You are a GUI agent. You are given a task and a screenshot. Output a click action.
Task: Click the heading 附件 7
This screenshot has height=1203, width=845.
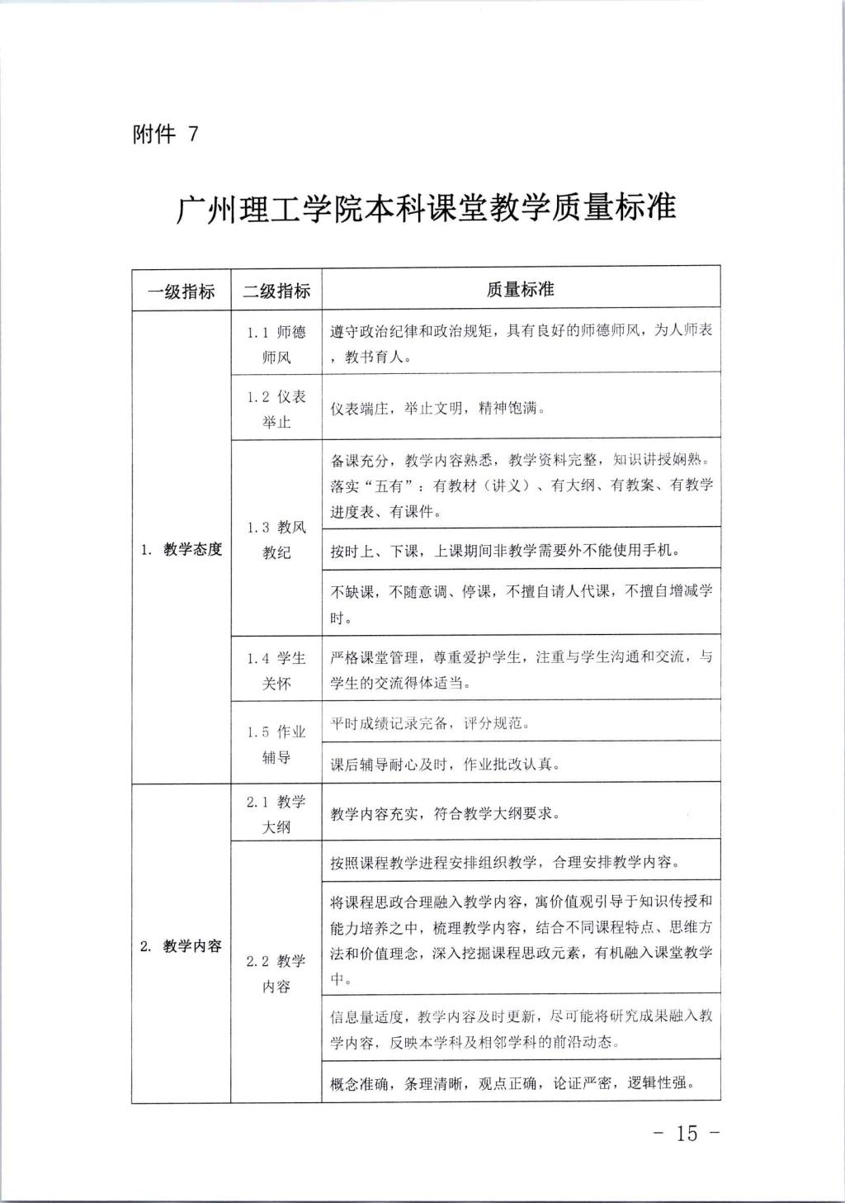click(x=165, y=134)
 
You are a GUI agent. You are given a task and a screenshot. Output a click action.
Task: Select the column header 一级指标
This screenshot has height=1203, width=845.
click(x=181, y=290)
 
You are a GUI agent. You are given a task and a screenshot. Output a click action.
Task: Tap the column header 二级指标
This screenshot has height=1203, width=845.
click(x=276, y=290)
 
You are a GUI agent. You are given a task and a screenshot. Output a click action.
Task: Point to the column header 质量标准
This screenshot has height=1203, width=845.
click(x=520, y=289)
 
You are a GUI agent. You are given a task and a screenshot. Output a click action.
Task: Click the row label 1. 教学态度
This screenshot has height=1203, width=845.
click(x=181, y=549)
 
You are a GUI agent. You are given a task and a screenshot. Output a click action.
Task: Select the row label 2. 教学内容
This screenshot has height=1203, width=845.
click(x=181, y=946)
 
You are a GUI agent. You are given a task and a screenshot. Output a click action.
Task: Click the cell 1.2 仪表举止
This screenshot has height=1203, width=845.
click(x=276, y=409)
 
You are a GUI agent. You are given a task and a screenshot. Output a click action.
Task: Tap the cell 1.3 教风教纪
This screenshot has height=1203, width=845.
click(x=276, y=539)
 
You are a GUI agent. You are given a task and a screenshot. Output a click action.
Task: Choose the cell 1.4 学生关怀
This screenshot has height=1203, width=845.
click(x=276, y=670)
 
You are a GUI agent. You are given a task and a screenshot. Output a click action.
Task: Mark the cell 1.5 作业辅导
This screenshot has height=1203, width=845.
click(x=276, y=744)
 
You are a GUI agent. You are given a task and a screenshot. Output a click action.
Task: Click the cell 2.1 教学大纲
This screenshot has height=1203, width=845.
click(x=276, y=814)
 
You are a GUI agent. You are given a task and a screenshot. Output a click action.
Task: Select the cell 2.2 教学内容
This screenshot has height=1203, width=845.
click(x=276, y=973)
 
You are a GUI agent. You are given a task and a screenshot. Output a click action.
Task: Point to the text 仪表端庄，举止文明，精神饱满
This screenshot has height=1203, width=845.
click(x=437, y=409)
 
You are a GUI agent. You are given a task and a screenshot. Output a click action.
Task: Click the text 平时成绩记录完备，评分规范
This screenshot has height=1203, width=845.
click(x=430, y=723)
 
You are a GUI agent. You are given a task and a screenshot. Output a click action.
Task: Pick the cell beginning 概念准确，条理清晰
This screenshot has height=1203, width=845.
click(x=512, y=1083)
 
